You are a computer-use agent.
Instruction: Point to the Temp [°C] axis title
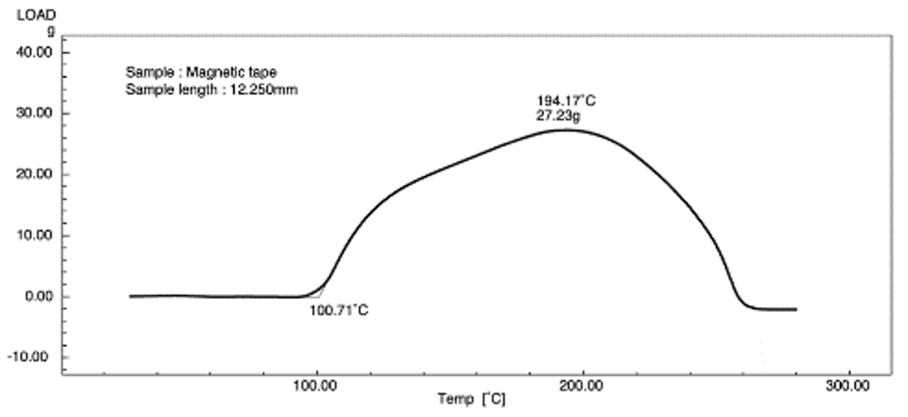(x=471, y=400)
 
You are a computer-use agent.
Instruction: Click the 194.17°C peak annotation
(x=566, y=101)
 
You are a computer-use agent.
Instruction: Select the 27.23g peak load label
(x=559, y=116)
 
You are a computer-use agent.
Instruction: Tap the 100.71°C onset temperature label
(x=339, y=310)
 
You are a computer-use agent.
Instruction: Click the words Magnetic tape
(x=231, y=73)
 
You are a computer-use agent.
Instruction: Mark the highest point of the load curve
(x=566, y=130)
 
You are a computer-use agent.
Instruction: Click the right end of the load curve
(x=796, y=309)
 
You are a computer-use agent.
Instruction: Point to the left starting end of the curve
(x=130, y=296)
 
